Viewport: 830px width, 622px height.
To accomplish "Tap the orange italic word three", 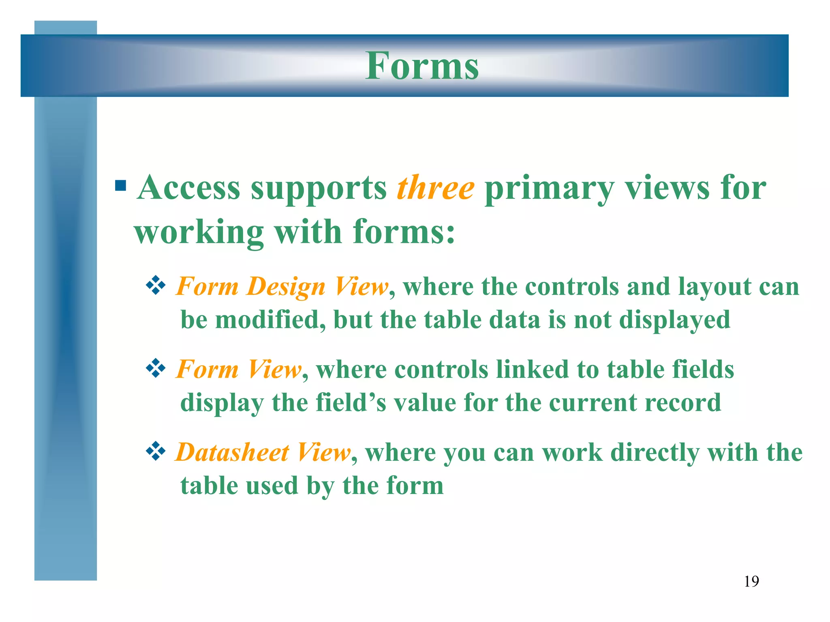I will [435, 187].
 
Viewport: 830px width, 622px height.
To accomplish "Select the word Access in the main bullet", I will [189, 187].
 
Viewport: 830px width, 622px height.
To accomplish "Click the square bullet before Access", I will [120, 185].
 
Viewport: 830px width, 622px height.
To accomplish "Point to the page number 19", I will [751, 582].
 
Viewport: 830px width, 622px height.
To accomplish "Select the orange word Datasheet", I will [232, 452].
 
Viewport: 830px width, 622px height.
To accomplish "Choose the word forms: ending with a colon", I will [404, 232].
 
